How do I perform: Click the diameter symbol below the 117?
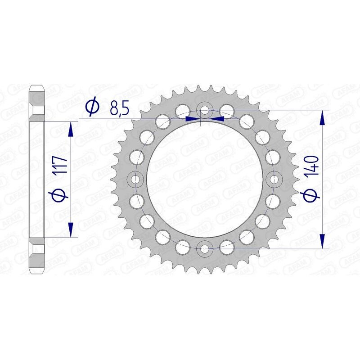[62, 195]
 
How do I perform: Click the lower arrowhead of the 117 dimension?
[70, 229]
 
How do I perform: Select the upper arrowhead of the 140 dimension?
[322, 118]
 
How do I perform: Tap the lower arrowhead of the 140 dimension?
[322, 239]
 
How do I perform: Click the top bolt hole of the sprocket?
[205, 110]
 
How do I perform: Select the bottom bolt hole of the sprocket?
[205, 247]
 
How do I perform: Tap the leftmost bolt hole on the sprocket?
[136, 179]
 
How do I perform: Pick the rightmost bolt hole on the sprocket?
[274, 179]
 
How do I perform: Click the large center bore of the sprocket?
[205, 179]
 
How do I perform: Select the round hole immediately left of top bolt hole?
[182, 109]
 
